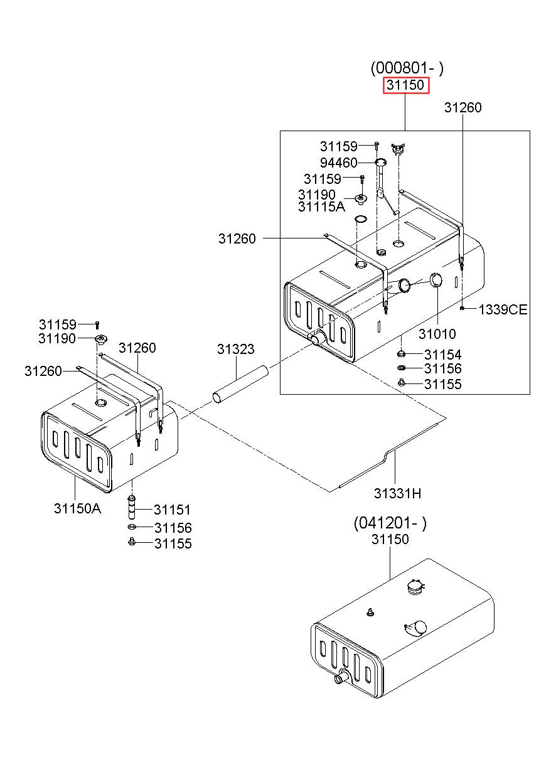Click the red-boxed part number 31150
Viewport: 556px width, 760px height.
[406, 85]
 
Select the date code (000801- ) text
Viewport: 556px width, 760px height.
[407, 68]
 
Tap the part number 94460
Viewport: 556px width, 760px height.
[338, 163]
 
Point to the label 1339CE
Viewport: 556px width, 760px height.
[503, 309]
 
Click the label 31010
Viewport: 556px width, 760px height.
[437, 334]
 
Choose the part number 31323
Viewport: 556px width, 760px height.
[236, 349]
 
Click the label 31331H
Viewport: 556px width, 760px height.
[398, 493]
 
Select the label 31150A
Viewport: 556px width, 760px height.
[78, 508]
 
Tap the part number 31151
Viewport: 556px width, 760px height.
[173, 510]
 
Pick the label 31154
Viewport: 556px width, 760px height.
[442, 355]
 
